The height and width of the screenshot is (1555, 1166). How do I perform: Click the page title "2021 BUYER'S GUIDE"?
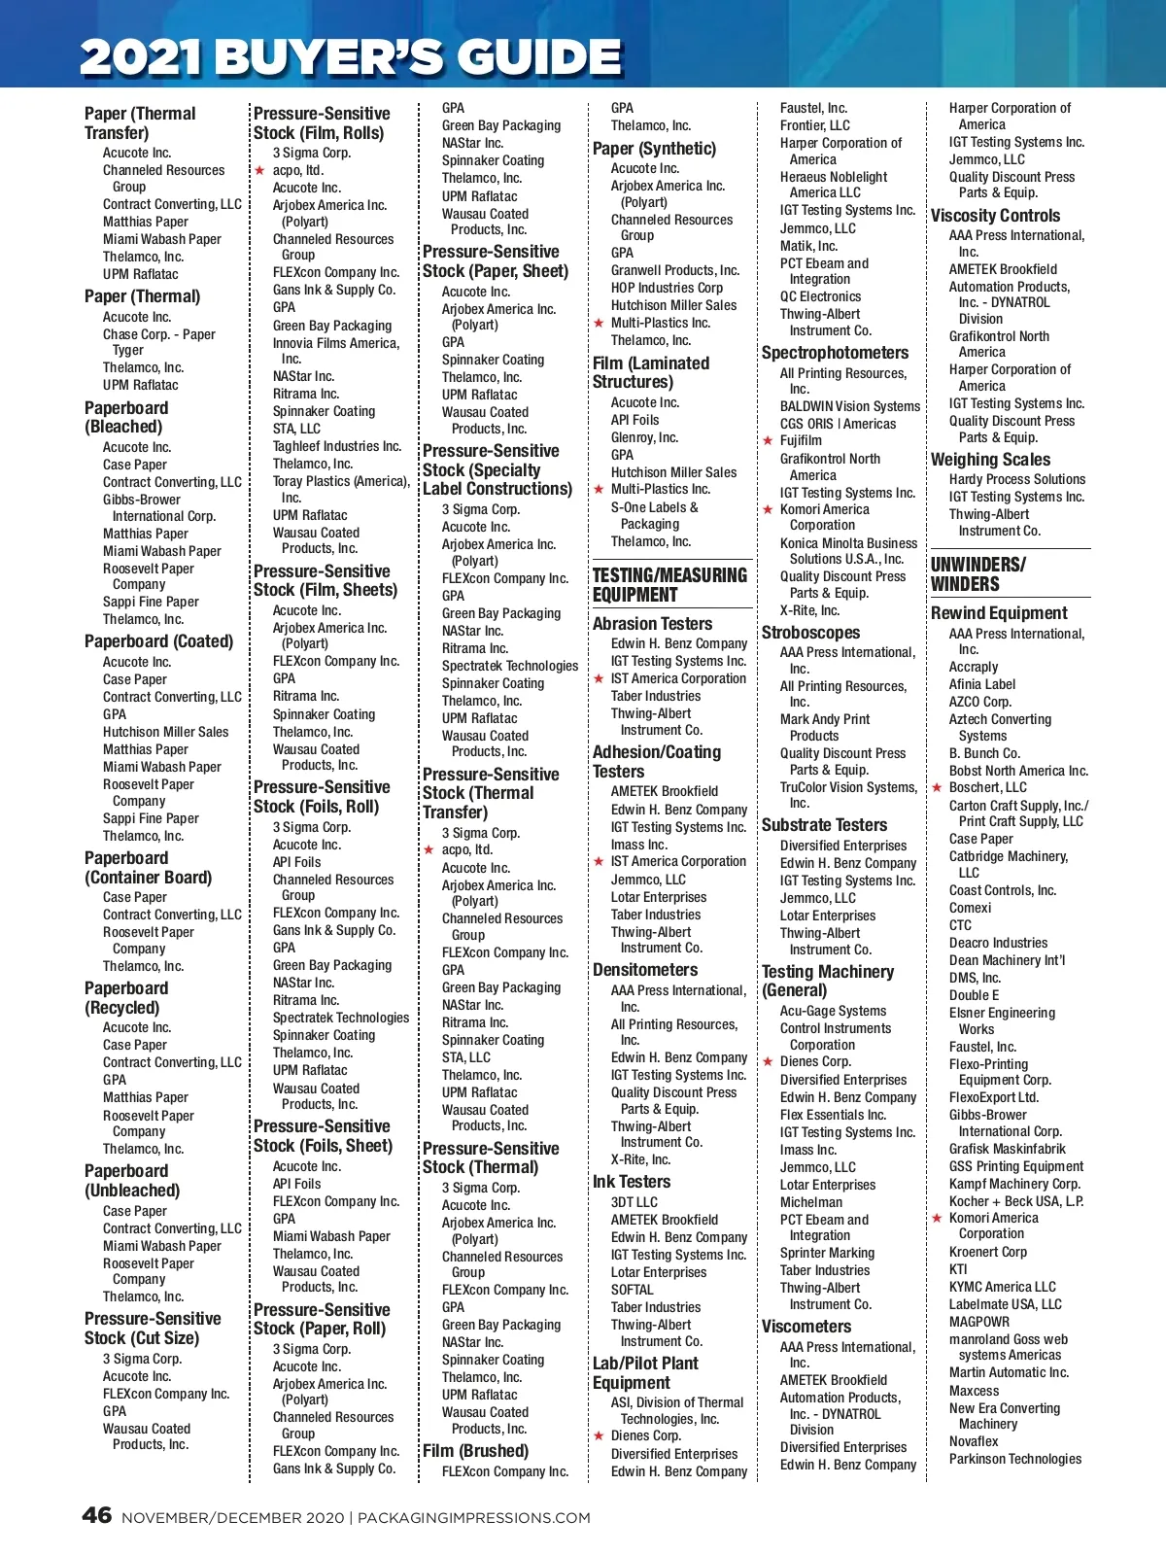tap(351, 56)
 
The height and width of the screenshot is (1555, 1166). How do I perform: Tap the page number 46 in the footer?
tap(97, 1515)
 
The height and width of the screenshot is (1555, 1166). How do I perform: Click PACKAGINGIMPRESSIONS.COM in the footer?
tap(473, 1517)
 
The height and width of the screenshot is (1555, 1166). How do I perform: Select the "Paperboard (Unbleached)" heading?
tap(132, 1181)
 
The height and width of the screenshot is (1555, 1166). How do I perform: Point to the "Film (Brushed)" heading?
tap(475, 1451)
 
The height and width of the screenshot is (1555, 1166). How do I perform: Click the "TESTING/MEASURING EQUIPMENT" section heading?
tap(669, 585)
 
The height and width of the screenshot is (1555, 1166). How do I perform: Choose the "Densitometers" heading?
tap(645, 970)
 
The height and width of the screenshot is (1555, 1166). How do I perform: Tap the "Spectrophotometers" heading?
tap(835, 353)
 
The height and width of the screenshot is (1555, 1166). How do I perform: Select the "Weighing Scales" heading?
tap(990, 460)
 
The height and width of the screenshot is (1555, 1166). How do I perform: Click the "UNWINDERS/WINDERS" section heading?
tap(977, 574)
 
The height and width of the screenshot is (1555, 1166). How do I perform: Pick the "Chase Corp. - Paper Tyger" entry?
tap(158, 342)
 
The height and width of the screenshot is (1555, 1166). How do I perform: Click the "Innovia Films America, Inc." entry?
tap(335, 351)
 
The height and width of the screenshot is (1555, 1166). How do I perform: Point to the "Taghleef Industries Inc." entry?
tap(336, 446)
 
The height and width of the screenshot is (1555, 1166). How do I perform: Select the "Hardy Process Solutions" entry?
tap(1017, 479)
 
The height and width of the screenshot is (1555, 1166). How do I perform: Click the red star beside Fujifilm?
tap(768, 440)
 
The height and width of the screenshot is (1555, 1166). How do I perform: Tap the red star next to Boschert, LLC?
tap(937, 787)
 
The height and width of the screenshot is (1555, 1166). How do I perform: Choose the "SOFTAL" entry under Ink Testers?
tap(632, 1290)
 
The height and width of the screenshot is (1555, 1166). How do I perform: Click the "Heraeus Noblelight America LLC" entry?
tap(833, 185)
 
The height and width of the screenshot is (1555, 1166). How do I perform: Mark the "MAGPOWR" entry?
tap(978, 1322)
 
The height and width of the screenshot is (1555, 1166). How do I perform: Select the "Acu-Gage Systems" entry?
tap(833, 1011)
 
